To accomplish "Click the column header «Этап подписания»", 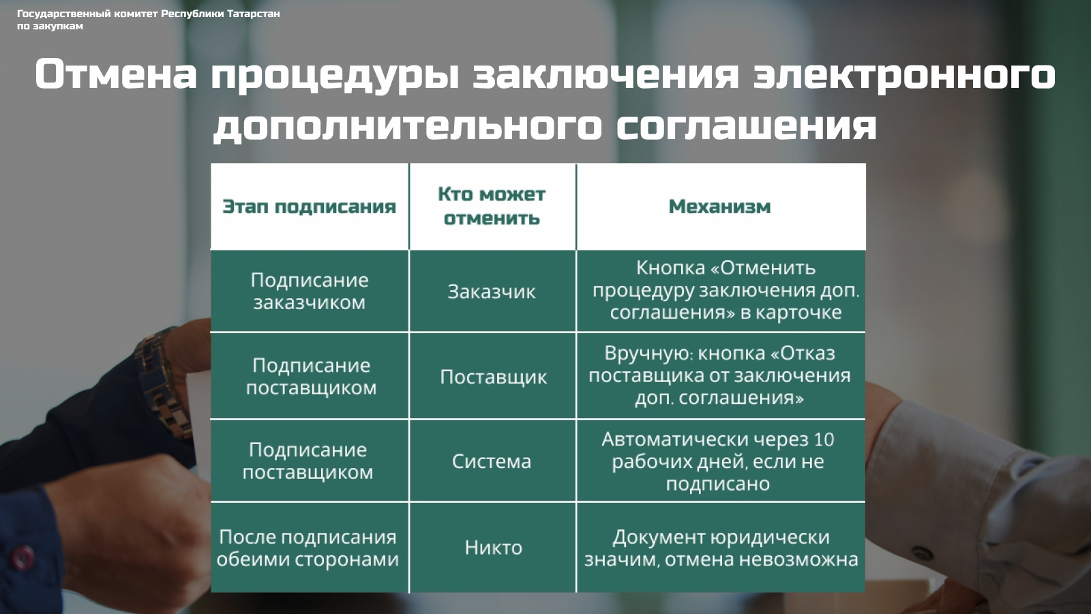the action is click(310, 207).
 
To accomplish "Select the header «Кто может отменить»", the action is click(492, 206).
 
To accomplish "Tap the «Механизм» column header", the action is click(720, 207).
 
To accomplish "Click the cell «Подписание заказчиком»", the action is click(310, 291).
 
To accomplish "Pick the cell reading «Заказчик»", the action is click(492, 292).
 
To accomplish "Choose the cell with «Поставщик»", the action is click(494, 377).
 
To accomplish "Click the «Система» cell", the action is click(492, 461).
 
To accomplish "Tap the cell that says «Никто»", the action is click(494, 548).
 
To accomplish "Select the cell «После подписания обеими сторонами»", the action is click(308, 549).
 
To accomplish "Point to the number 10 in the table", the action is click(824, 440).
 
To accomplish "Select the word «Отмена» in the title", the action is click(115, 74).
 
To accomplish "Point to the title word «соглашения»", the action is click(746, 126).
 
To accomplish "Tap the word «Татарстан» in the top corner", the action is click(253, 14).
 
